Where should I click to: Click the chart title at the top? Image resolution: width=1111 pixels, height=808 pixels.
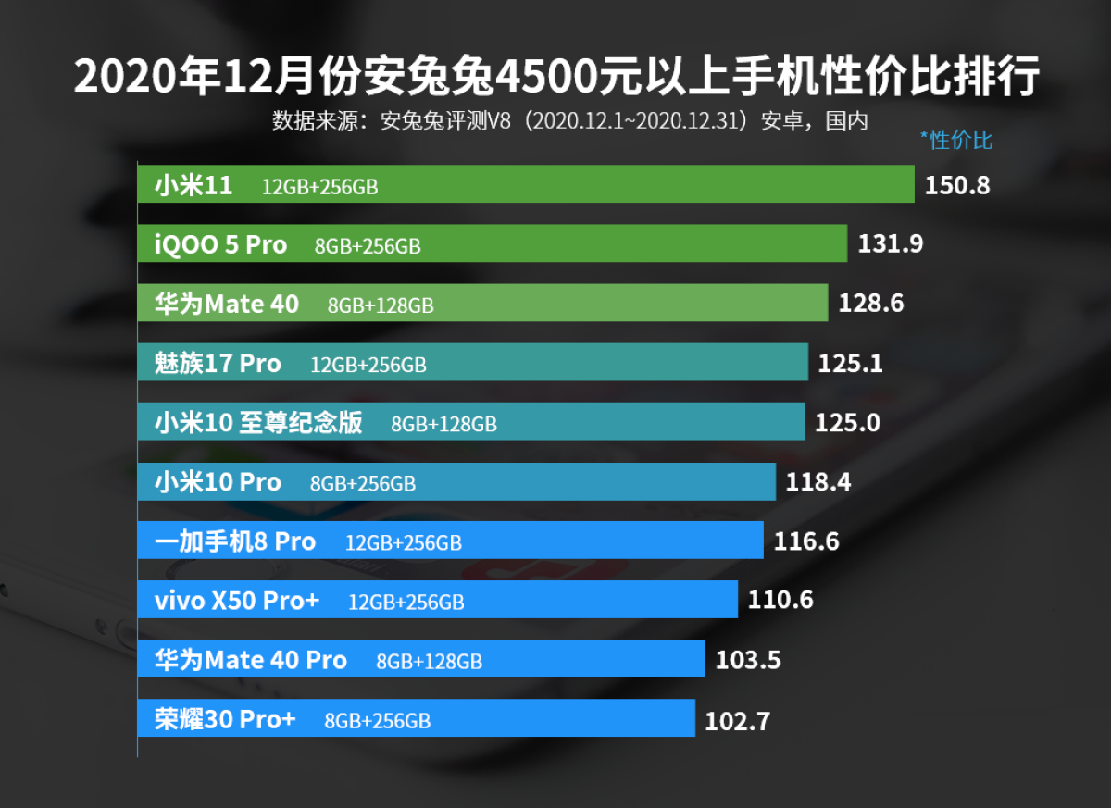(x=555, y=77)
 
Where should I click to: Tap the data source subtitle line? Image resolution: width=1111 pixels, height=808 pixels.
(x=569, y=121)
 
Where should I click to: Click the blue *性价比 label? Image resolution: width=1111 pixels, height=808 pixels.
(x=955, y=141)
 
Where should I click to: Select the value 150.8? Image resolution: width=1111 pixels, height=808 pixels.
(x=957, y=185)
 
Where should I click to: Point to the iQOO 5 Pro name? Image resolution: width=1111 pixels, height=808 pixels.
(x=220, y=245)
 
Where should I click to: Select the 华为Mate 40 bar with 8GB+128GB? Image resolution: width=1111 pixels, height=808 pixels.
(x=481, y=304)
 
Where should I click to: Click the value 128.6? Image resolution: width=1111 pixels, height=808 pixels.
(x=870, y=304)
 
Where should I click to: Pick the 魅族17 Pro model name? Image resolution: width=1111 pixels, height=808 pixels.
(x=218, y=364)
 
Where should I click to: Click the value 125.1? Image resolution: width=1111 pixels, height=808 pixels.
(x=850, y=364)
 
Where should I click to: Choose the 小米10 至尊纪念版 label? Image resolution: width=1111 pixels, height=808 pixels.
(x=258, y=423)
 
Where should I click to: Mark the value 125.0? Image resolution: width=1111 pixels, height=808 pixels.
(x=847, y=423)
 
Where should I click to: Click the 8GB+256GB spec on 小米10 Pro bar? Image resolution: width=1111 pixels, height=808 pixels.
(x=363, y=483)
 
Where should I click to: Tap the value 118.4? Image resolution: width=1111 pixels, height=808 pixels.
(x=818, y=482)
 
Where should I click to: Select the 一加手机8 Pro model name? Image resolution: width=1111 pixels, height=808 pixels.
(x=235, y=541)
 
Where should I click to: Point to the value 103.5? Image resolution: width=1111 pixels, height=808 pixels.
(x=748, y=660)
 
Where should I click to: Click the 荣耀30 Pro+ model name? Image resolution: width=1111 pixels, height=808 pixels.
(x=225, y=719)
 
